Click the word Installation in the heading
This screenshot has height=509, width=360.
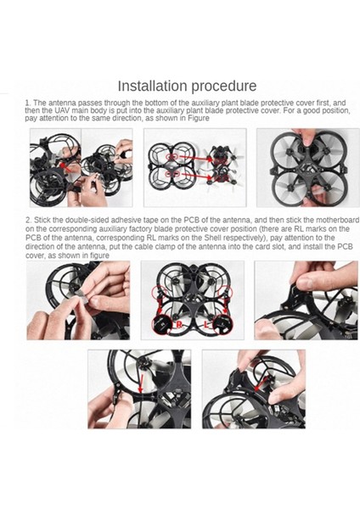pyautogui.click(x=152, y=86)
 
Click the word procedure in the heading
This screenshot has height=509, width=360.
pyautogui.click(x=223, y=87)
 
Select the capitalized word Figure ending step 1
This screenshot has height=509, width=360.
pyautogui.click(x=200, y=118)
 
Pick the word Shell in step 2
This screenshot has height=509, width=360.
pyautogui.click(x=213, y=238)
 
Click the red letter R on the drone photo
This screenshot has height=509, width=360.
pyautogui.click(x=179, y=325)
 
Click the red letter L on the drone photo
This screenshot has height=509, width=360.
pyautogui.click(x=207, y=324)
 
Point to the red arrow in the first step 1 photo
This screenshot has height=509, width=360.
pyautogui.click(x=65, y=166)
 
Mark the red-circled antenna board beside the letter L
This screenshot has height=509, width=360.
pyautogui.click(x=223, y=323)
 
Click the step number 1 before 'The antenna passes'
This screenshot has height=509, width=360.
pyautogui.click(x=27, y=103)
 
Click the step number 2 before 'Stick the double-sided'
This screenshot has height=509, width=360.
pyautogui.click(x=28, y=220)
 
